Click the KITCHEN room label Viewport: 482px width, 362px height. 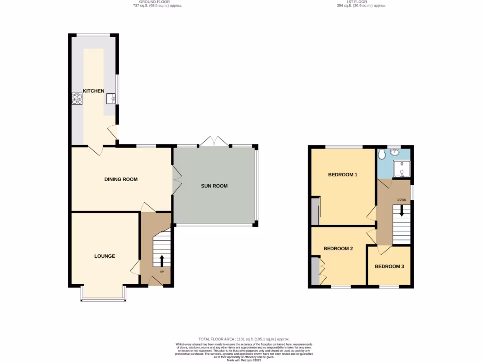pos(94,91)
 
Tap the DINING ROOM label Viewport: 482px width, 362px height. pos(121,179)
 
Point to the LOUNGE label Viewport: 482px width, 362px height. pos(104,256)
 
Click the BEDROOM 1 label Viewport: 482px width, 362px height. pos(343,175)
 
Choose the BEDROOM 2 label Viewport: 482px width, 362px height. pos(338,248)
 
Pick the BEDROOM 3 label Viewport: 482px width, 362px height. pos(389,266)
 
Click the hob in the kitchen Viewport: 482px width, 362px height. pos(77,99)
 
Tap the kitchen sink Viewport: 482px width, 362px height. pos(111,98)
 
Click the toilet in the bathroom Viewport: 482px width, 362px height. pos(382,155)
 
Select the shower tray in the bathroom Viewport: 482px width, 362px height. pos(401,169)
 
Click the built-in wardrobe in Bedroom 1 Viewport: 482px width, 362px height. pos(315,211)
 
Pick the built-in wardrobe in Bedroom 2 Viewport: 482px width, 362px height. pos(314,271)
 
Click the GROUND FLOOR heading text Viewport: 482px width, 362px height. pos(157,2)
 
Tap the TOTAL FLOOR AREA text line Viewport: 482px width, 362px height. pos(243,339)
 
